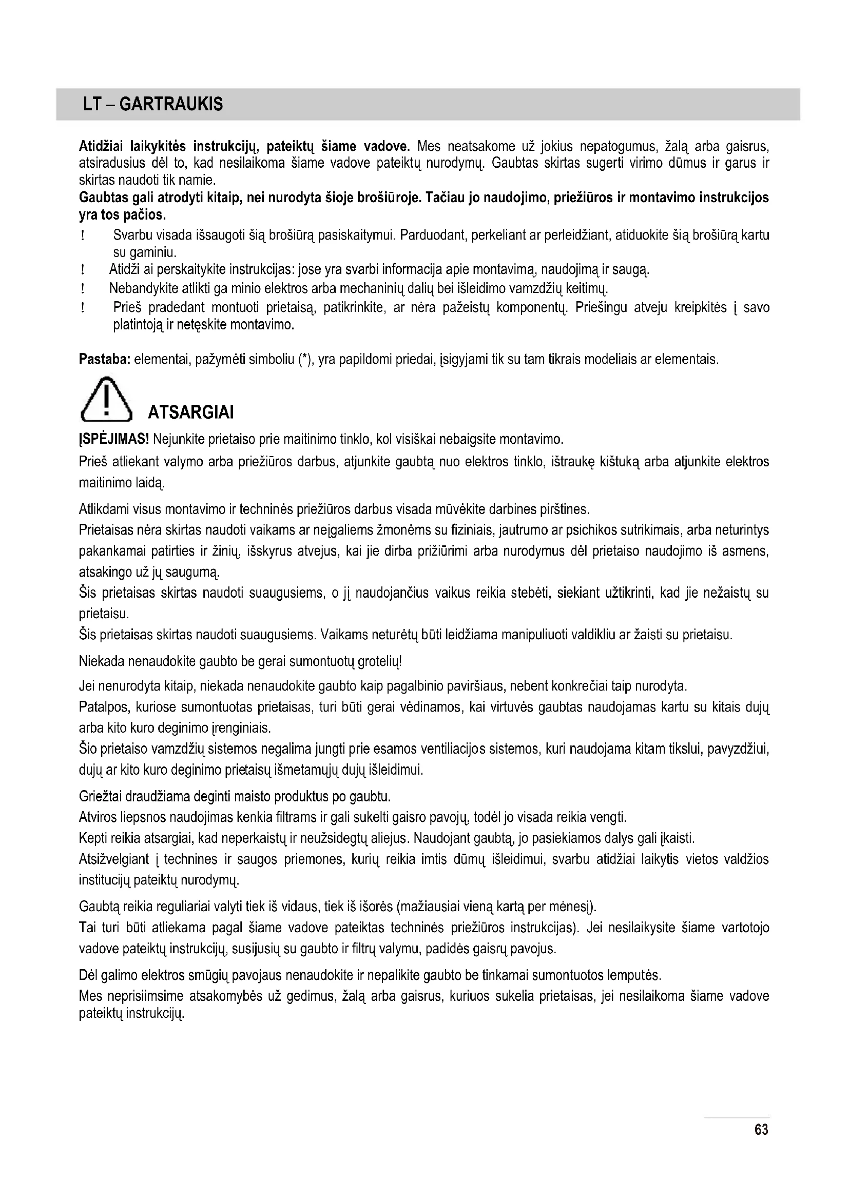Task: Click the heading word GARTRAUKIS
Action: point(171,105)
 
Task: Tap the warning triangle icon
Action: point(106,400)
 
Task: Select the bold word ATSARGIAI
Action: point(191,412)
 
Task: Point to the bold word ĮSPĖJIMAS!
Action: point(114,439)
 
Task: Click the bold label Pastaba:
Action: point(105,360)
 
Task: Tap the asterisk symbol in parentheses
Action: point(304,359)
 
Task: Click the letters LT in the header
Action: point(92,105)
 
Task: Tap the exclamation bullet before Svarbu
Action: point(83,236)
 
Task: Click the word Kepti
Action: point(93,839)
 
